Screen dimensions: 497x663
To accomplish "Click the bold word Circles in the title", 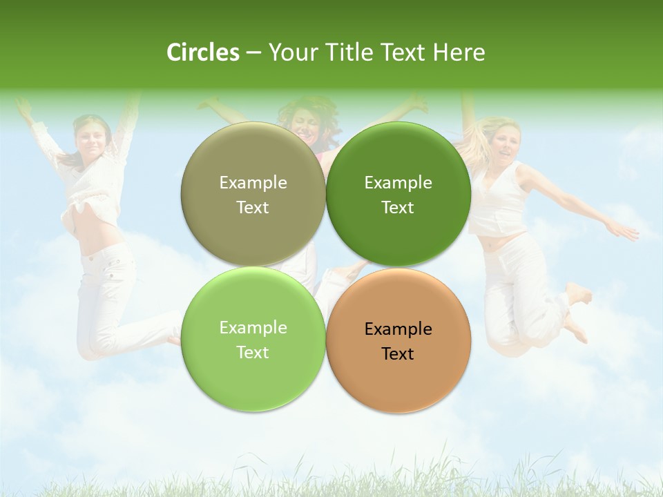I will [x=202, y=52].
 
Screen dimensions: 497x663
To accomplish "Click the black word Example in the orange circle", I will [x=398, y=329].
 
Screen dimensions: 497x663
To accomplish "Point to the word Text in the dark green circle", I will [x=398, y=208].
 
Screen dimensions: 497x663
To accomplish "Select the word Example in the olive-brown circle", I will [x=253, y=183].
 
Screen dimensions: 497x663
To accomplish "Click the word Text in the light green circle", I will [x=253, y=353].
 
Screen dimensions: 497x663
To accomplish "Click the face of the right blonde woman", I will [x=505, y=142].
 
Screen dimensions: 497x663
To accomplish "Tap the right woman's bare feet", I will [x=577, y=311].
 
